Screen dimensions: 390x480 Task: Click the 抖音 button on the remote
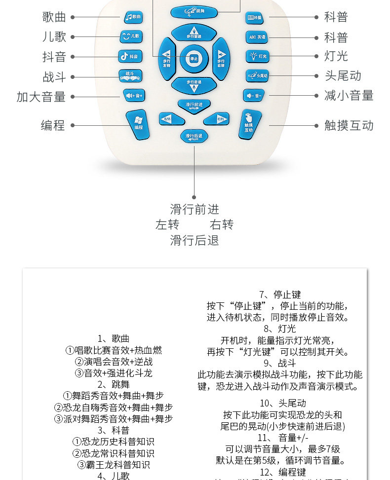pyautogui.click(x=130, y=56)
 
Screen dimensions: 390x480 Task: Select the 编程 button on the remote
pyautogui.click(x=138, y=124)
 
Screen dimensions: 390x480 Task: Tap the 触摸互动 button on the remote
pyautogui.click(x=249, y=124)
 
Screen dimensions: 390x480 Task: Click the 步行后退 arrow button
pyautogui.click(x=194, y=85)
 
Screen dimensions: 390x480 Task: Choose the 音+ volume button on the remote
pyautogui.click(x=134, y=95)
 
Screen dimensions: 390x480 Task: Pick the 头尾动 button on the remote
pyautogui.click(x=257, y=75)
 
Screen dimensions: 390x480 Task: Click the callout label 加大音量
pyautogui.click(x=41, y=97)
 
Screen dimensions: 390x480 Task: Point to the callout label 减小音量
pyautogui.click(x=349, y=95)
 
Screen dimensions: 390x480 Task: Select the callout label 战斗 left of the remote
pyautogui.click(x=54, y=77)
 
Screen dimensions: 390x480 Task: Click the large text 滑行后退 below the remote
pyautogui.click(x=194, y=240)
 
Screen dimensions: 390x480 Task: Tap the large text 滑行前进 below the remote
pyautogui.click(x=194, y=209)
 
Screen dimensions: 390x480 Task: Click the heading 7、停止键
pyautogui.click(x=280, y=295)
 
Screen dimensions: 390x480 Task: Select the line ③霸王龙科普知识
pyautogui.click(x=114, y=465)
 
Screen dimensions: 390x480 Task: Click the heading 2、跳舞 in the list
pyautogui.click(x=114, y=385)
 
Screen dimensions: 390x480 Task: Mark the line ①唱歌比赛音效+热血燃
pyautogui.click(x=114, y=350)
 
